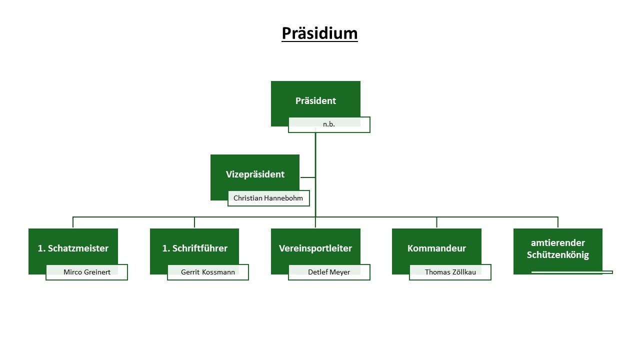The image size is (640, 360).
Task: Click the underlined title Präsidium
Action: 319,33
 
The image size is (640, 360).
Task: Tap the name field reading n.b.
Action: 329,124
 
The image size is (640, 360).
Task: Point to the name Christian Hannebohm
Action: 268,198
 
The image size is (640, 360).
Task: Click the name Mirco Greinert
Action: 87,272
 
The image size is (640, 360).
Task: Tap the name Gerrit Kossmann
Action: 208,272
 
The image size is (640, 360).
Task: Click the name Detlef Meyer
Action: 329,272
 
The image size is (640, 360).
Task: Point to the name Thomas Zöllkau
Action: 450,272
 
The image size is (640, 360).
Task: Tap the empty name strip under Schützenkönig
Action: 572,272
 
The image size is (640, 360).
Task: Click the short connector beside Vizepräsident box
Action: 307,177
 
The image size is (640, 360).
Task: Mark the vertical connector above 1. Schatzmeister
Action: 73,222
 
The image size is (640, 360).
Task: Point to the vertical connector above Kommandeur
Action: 436,222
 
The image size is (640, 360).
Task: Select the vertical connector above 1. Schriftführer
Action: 194,222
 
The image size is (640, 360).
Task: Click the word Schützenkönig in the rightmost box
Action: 558,255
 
